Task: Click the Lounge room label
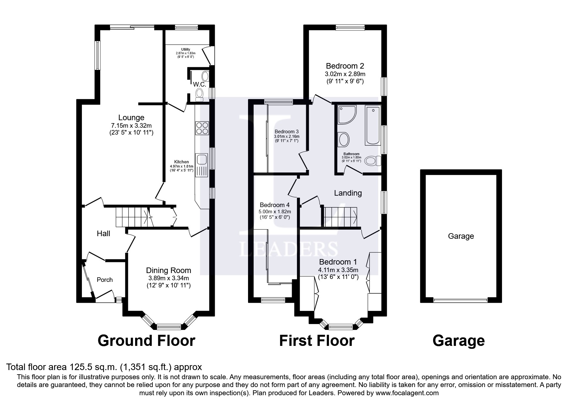coord(131,118)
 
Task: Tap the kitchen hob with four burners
coord(202,128)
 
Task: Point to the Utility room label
coord(185,49)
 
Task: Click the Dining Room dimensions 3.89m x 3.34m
coord(168,278)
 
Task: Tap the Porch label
coord(105,280)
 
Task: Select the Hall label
coord(103,234)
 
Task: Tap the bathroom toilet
coord(372,161)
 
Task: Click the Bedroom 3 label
coord(287,132)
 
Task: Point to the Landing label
coord(348,193)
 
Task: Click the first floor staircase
coord(340,217)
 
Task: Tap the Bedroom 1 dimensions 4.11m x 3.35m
coord(338,270)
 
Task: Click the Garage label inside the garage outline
coord(461,236)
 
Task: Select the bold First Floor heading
coord(317,341)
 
